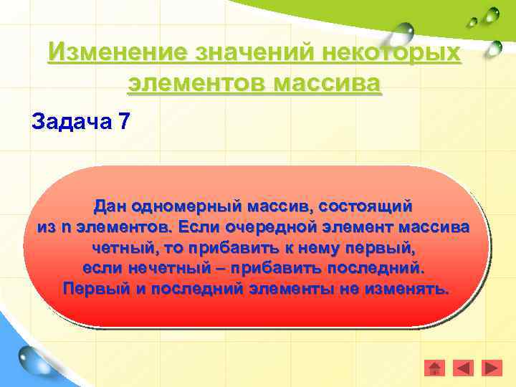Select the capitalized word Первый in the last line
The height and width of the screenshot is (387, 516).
click(91, 290)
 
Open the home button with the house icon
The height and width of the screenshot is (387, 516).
click(434, 368)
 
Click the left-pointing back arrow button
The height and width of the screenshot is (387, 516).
click(464, 368)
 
